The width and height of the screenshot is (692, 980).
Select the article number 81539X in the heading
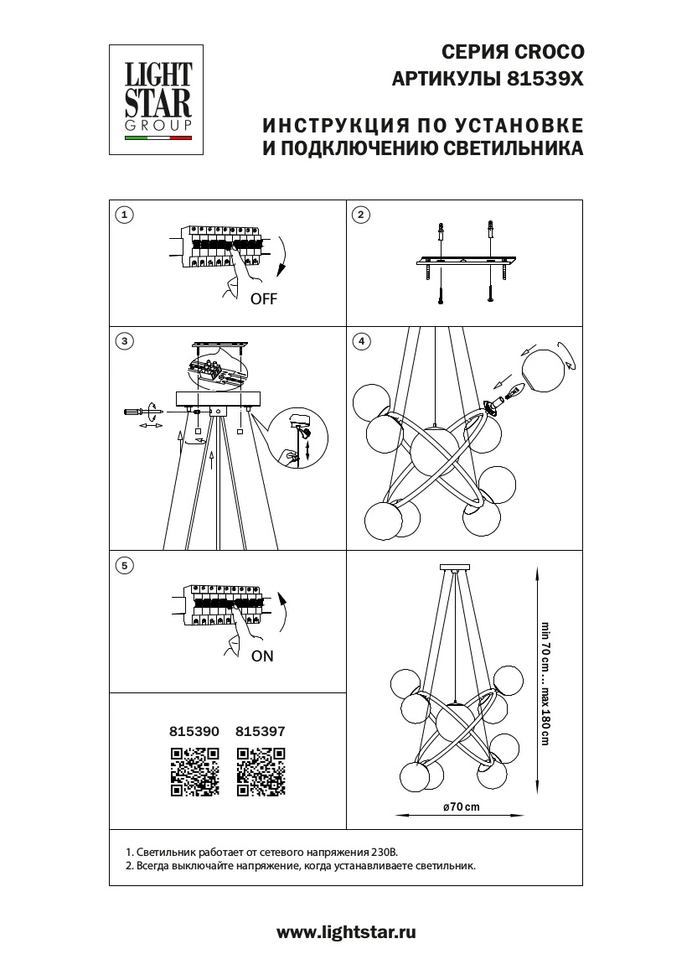pos(543,80)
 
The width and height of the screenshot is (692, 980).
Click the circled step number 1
pos(124,215)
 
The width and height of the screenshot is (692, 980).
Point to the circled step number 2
pos(360,215)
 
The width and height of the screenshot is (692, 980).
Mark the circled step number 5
pos(124,565)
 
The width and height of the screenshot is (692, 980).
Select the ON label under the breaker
pos(262,656)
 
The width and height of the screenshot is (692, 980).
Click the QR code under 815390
pos(195,770)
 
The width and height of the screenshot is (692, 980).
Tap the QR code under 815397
pos(261,770)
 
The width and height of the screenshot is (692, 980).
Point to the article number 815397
pos(261,731)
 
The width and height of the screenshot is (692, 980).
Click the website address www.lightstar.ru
pos(346,932)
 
